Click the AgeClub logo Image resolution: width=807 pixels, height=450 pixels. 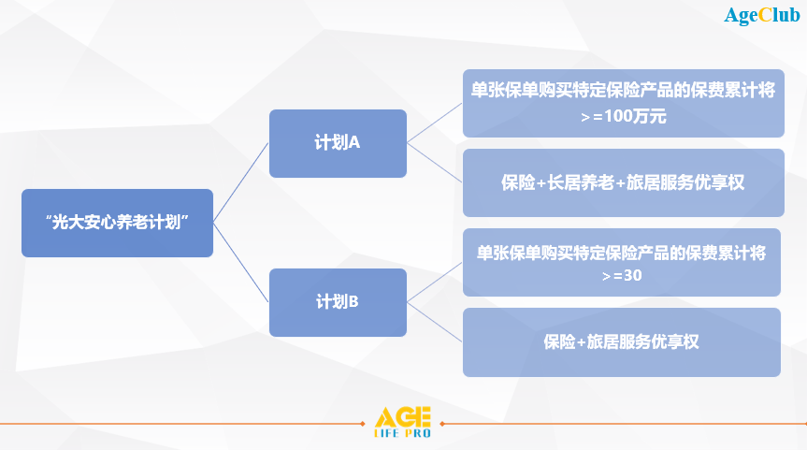tap(762, 16)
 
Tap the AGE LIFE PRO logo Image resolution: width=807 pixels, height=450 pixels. tap(402, 422)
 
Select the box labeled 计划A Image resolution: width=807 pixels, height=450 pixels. tap(338, 143)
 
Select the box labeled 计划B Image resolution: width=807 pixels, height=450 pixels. tap(338, 302)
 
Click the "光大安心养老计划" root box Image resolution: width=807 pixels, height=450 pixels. tap(117, 223)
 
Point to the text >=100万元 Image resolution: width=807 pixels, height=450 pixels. tap(624, 116)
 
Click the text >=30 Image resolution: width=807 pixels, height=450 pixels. tap(622, 275)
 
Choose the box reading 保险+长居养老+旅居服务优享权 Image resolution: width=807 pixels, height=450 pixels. tap(624, 182)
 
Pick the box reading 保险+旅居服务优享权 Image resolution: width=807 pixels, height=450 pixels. tap(621, 342)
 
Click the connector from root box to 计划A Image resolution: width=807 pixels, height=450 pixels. tap(241, 182)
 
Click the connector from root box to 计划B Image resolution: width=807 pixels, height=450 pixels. tap(241, 263)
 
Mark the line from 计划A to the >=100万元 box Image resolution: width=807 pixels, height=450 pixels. tap(435, 123)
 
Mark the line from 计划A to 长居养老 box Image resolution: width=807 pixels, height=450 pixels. tap(435, 163)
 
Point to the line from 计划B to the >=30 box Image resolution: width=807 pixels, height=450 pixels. tap(435, 283)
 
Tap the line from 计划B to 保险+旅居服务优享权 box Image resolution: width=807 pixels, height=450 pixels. tap(435, 323)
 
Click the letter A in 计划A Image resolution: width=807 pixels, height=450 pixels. tap(353, 142)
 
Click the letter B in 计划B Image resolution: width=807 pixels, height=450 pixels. tap(353, 302)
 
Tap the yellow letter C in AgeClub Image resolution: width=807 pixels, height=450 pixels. tap(765, 15)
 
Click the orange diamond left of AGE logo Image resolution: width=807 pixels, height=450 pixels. tap(363, 424)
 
